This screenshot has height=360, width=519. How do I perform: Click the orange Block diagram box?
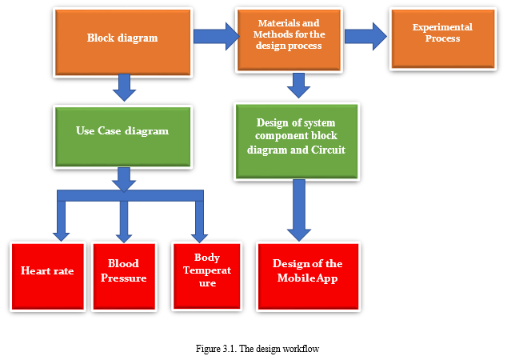122,42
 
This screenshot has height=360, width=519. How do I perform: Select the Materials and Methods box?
289,40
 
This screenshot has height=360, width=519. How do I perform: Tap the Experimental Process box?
443,38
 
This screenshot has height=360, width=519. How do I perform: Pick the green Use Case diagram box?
122,137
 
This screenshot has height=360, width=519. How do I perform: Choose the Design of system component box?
297,142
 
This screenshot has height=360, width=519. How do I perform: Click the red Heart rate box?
48,277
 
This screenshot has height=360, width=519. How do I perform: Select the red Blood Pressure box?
124,277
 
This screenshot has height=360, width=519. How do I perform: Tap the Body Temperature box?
207,276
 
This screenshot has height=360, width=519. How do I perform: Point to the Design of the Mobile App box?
308,277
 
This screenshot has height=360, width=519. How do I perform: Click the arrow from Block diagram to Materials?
217,37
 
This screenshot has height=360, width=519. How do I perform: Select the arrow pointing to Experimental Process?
365,37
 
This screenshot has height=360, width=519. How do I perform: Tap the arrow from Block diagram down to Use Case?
124,87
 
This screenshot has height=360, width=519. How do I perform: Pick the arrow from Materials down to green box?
298,86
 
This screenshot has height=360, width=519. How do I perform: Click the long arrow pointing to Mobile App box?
299,210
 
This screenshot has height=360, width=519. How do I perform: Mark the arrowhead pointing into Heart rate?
62,237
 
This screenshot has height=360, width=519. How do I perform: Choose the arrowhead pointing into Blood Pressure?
124,238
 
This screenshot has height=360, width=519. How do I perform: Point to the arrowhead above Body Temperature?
199,238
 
